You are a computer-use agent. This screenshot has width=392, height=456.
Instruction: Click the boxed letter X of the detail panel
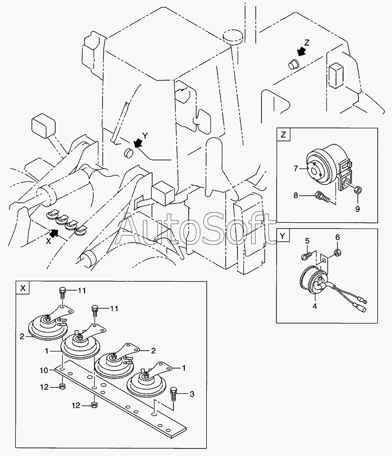[x=23, y=288]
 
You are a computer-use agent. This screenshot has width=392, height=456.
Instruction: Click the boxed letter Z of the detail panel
[x=283, y=134]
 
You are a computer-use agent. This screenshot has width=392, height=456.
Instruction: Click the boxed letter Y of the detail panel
[x=283, y=236]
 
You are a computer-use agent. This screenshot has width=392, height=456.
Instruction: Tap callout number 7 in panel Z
[x=296, y=168]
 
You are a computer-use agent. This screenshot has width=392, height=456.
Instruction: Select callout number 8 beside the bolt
[x=296, y=195]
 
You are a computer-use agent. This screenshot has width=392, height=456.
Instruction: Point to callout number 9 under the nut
[x=357, y=209]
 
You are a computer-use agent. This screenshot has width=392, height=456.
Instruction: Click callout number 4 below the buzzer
[x=315, y=306]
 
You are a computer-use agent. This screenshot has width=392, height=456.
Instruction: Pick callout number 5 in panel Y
[x=307, y=241]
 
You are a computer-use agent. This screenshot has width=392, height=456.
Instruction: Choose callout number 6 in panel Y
[x=337, y=237]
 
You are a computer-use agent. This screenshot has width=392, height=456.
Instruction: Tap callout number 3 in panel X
[x=191, y=394]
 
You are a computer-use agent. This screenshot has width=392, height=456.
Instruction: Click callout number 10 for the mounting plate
[x=44, y=370]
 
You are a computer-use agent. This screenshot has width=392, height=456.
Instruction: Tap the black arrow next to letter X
[x=54, y=233]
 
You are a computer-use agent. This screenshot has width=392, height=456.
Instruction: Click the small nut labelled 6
[x=337, y=252]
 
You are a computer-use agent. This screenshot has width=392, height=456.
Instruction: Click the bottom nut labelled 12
[x=94, y=405]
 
